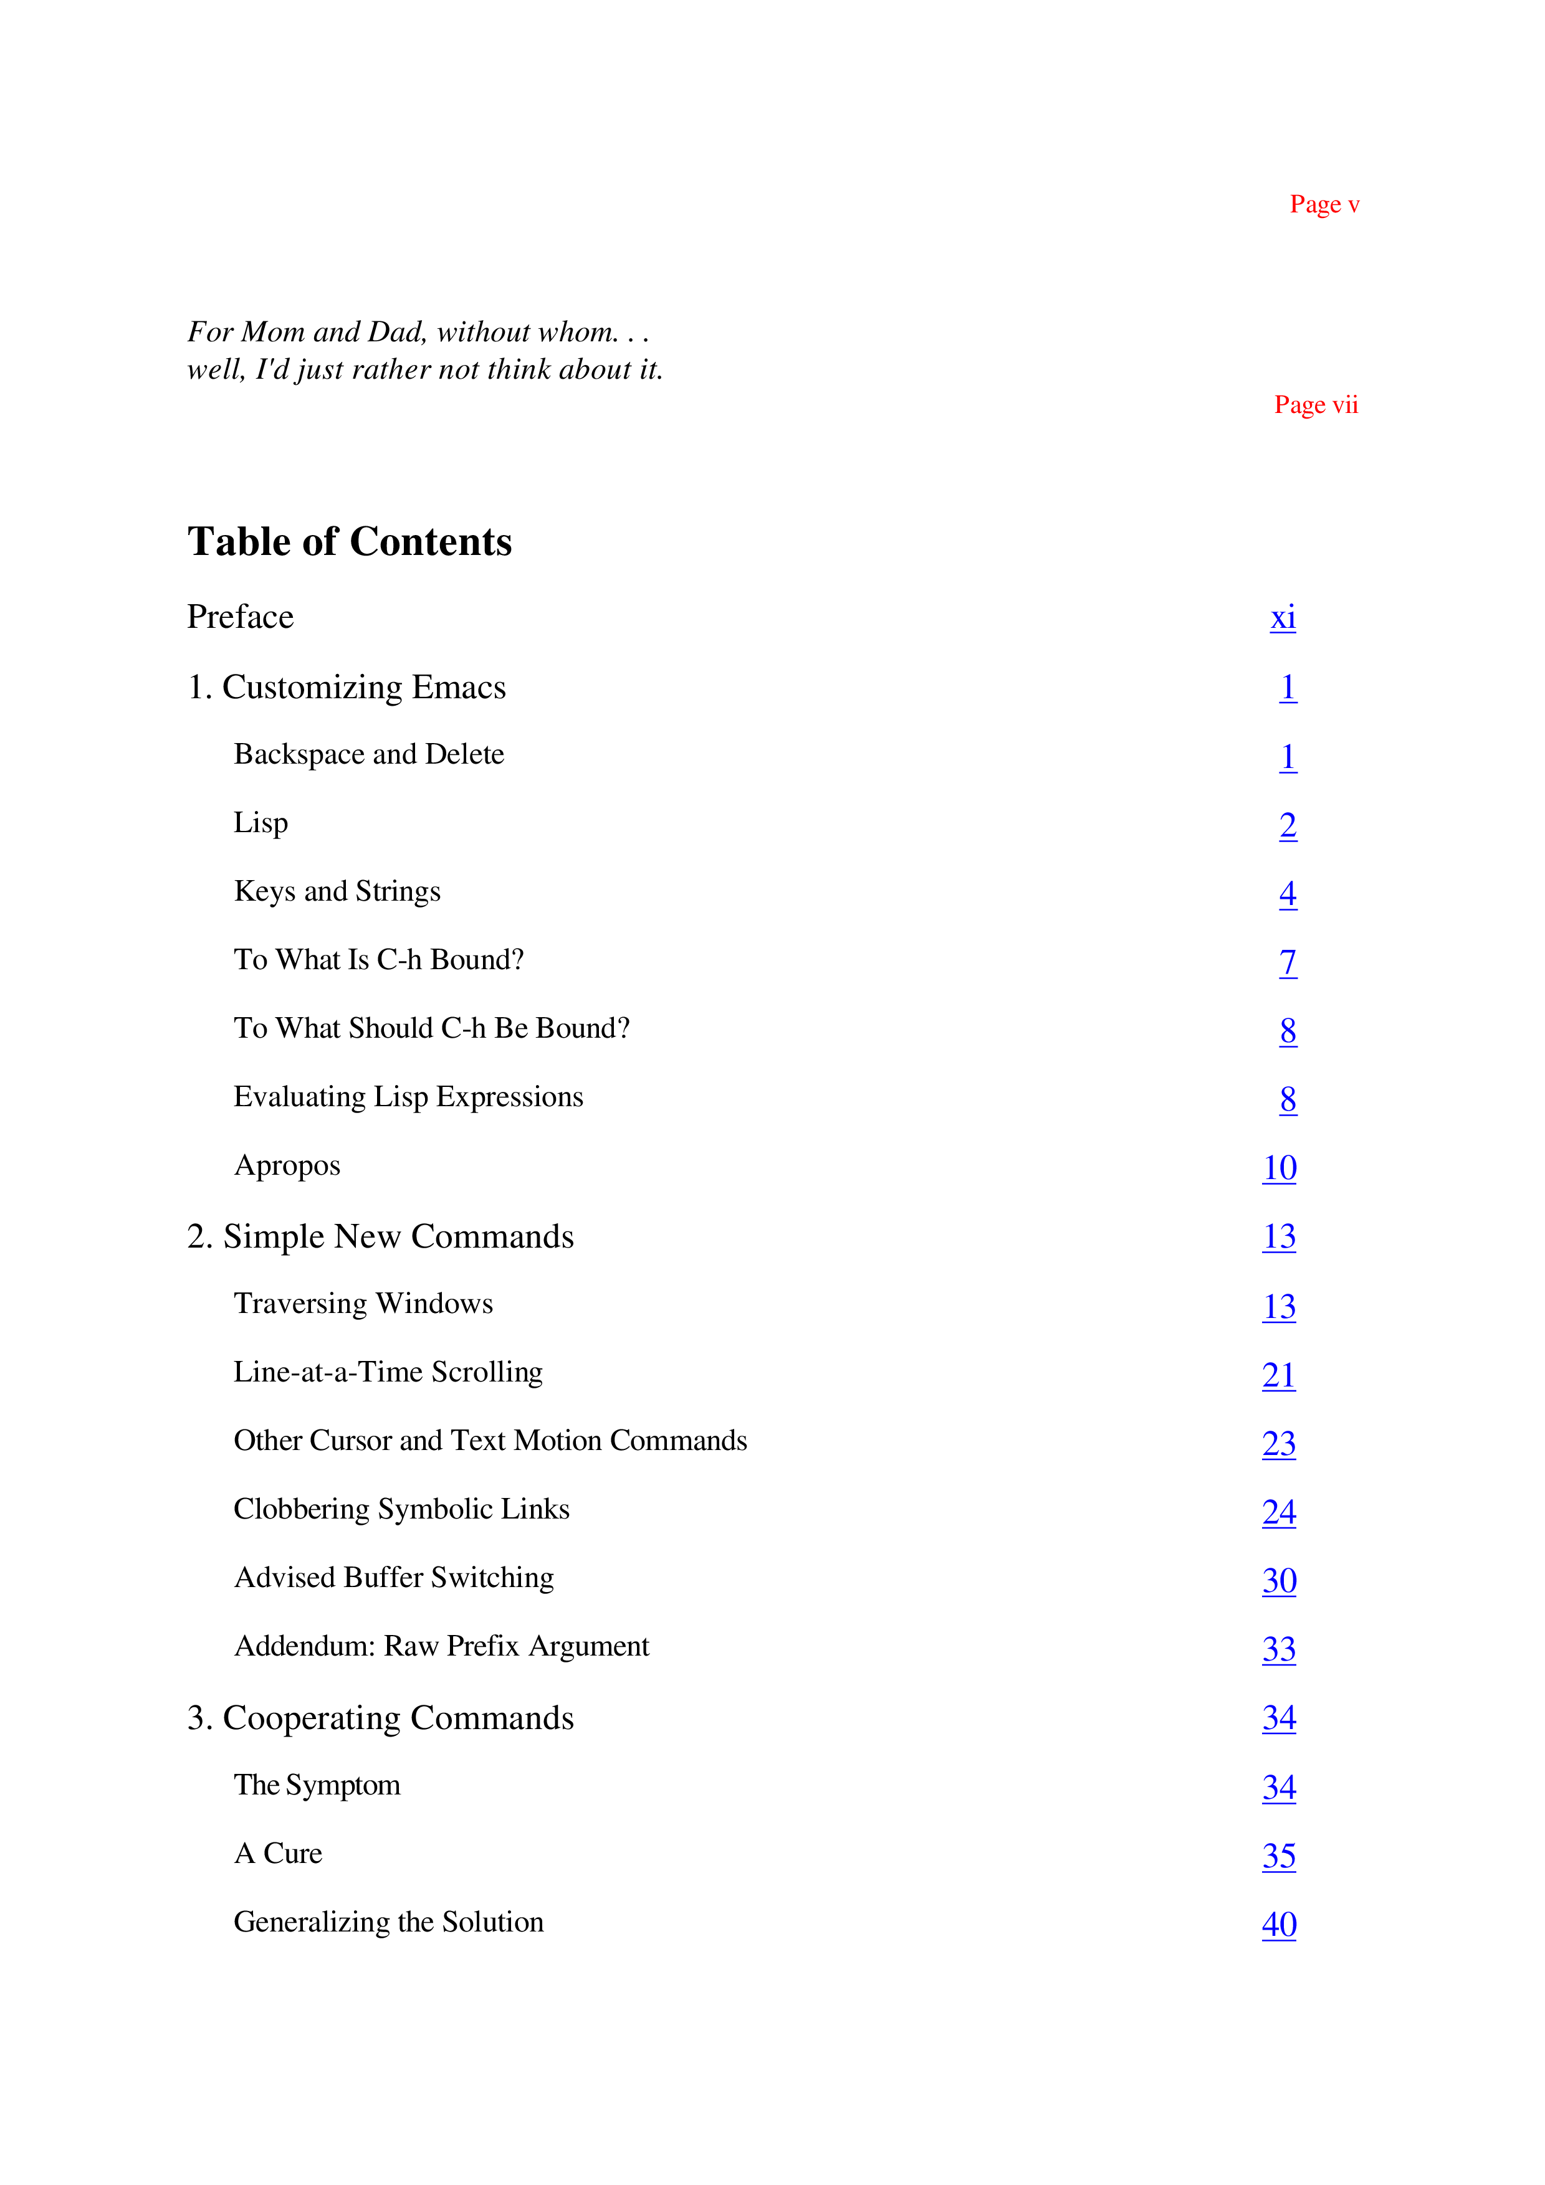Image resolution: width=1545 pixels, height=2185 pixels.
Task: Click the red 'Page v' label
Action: pyautogui.click(x=1324, y=204)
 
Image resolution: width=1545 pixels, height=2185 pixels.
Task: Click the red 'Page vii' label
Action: pyautogui.click(x=1316, y=405)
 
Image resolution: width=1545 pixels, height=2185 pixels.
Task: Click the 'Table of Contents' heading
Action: pyautogui.click(x=350, y=541)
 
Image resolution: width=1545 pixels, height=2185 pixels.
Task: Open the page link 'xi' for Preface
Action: pyautogui.click(x=1282, y=618)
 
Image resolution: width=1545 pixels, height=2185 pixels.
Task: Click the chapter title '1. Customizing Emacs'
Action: pyautogui.click(x=347, y=687)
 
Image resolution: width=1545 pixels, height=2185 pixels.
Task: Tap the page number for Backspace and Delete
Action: pyautogui.click(x=1287, y=757)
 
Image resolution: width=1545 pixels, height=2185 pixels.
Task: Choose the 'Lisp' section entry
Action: pyautogui.click(x=261, y=823)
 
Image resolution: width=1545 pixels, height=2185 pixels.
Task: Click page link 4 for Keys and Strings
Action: pyautogui.click(x=1287, y=894)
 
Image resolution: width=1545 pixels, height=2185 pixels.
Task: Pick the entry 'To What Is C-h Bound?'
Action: pyautogui.click(x=379, y=959)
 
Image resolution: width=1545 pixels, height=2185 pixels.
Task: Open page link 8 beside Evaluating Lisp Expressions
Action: pyautogui.click(x=1287, y=1099)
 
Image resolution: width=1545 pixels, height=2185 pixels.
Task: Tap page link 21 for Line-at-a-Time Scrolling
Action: pyautogui.click(x=1278, y=1375)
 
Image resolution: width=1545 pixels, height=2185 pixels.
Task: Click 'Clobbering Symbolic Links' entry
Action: pyautogui.click(x=401, y=1509)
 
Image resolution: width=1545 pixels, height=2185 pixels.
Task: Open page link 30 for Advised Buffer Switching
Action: pyautogui.click(x=1278, y=1581)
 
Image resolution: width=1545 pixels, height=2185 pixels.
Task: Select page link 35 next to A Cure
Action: pyautogui.click(x=1278, y=1856)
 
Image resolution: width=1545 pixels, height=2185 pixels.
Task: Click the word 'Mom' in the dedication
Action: pyautogui.click(x=272, y=332)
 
